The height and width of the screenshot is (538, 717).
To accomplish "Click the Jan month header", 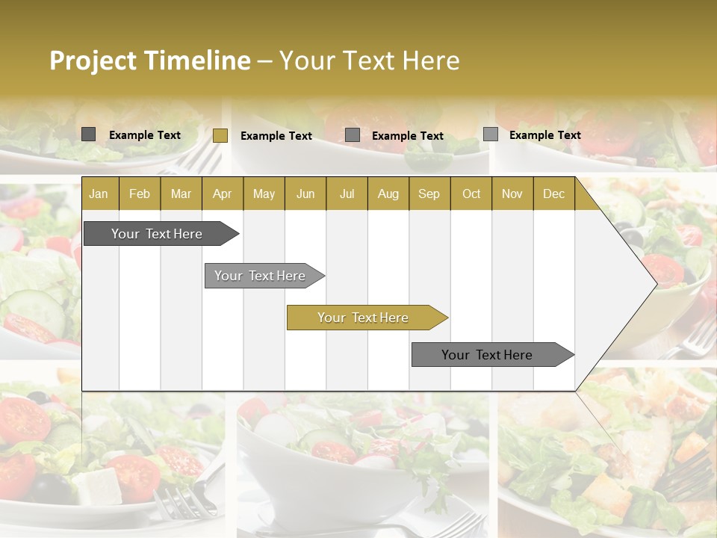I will click(99, 194).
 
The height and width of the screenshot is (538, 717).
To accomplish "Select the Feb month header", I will click(140, 194).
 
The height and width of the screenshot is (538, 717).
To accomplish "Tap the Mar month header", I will click(181, 194).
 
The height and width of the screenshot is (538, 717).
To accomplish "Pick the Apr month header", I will click(223, 194).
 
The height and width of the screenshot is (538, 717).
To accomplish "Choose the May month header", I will click(264, 194).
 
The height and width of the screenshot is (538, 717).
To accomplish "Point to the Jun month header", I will click(305, 194).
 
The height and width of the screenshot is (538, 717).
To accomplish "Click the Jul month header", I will click(347, 194).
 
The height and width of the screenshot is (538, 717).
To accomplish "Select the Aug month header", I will click(388, 194).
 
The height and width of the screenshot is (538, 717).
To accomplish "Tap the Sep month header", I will click(429, 194).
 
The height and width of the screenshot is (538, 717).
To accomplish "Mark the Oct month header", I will click(471, 194).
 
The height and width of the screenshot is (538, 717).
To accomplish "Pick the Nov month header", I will click(512, 194).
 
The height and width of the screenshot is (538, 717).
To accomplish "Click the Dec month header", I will click(554, 194).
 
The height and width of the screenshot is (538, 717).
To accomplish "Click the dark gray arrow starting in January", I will click(157, 234).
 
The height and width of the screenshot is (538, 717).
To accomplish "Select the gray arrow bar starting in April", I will click(260, 276).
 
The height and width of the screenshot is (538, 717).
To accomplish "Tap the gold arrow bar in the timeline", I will click(363, 318).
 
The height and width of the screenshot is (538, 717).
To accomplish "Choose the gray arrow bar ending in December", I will click(487, 355).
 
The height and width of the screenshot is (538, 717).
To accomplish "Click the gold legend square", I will click(220, 135).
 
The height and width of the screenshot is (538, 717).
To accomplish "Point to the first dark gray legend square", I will click(88, 134).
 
